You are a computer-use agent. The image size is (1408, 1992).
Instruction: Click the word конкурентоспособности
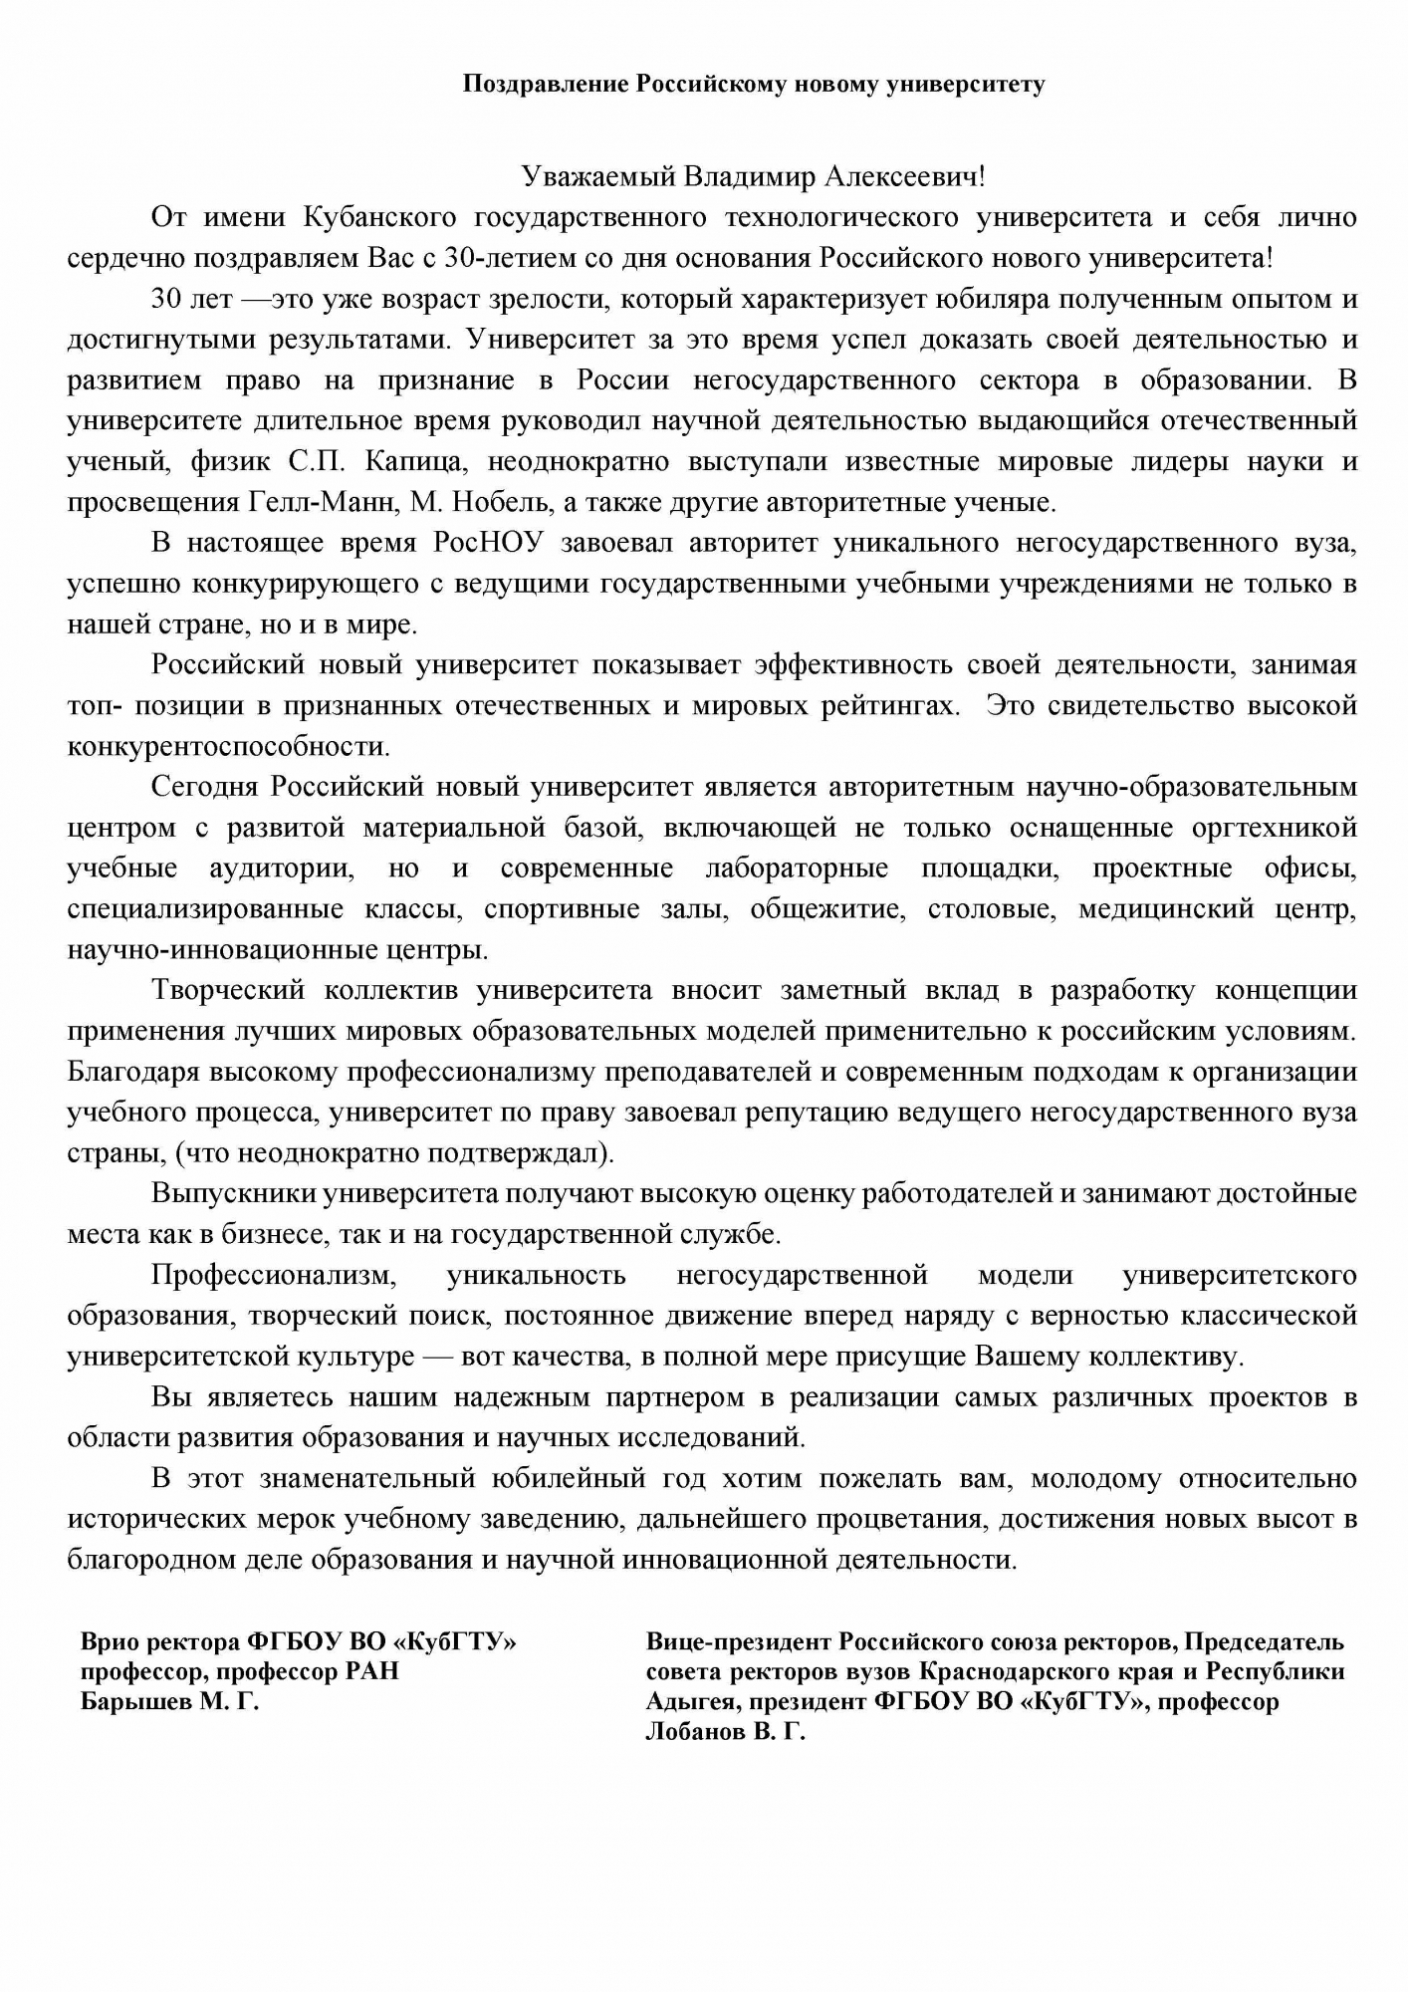point(228,746)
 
